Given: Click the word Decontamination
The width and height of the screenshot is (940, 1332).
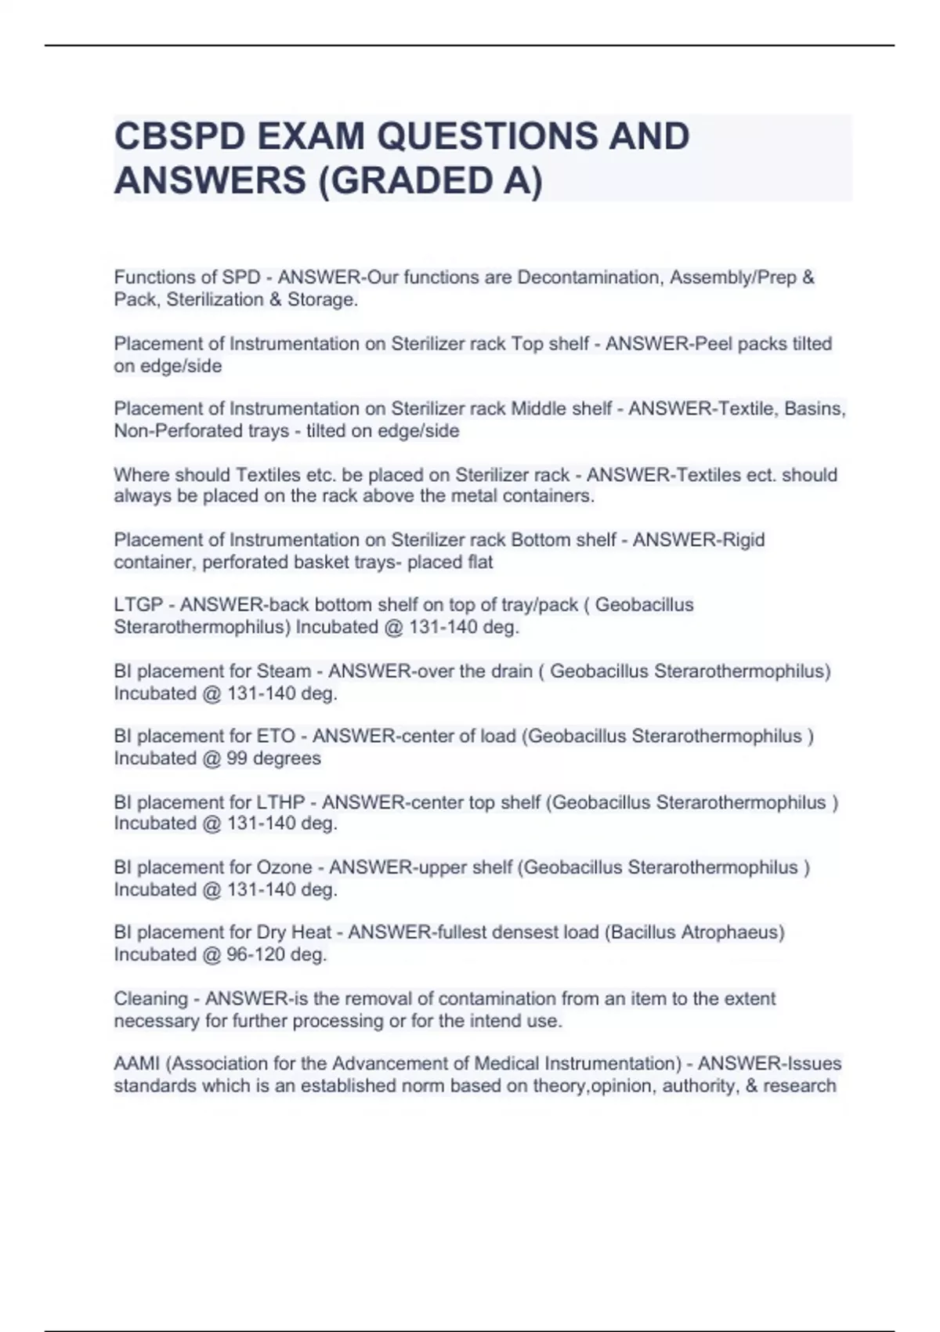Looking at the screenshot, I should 588,277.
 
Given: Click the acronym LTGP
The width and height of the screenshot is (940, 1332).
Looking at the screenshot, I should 139,605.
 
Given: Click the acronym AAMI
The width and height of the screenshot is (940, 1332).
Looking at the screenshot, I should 137,1064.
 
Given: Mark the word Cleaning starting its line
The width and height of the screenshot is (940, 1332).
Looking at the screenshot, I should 150,999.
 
